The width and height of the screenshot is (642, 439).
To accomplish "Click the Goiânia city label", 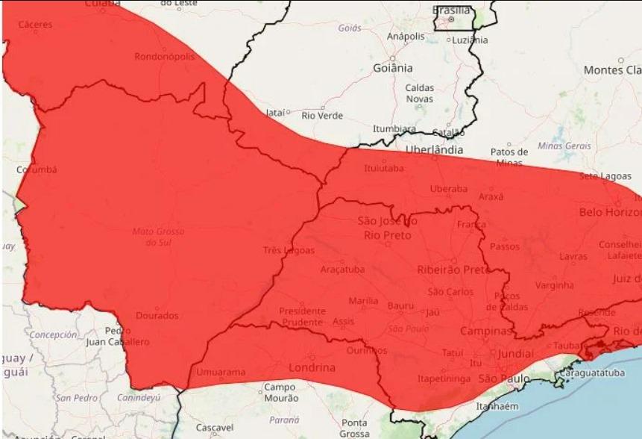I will click(x=392, y=68).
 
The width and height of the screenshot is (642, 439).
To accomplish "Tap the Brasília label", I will click(x=452, y=10).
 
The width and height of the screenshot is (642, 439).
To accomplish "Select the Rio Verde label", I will click(x=322, y=116).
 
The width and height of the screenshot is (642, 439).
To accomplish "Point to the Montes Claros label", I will click(x=611, y=69).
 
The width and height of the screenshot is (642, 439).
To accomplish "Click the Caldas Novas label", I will click(x=419, y=93).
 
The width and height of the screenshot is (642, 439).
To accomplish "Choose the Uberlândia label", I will click(x=433, y=149).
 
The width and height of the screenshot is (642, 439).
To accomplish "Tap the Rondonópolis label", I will click(x=165, y=57).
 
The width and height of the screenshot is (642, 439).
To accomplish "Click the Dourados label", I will click(x=157, y=316).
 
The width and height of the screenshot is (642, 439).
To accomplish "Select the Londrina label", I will click(x=311, y=367).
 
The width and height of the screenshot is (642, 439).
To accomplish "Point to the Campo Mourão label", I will click(x=280, y=393).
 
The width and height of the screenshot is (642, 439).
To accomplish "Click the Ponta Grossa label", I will click(x=354, y=428).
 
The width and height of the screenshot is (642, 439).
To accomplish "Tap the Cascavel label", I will click(x=214, y=428).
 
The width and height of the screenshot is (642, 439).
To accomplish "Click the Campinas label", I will click(x=485, y=331).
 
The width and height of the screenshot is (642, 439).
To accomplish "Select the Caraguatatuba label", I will click(x=591, y=373).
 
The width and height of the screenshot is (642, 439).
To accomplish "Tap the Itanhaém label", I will click(x=497, y=407).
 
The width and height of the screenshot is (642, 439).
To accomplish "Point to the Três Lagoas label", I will click(x=289, y=250).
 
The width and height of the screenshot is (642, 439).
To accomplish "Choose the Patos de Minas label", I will click(x=509, y=157).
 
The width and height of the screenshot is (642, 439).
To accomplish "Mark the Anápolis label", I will click(x=406, y=35).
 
